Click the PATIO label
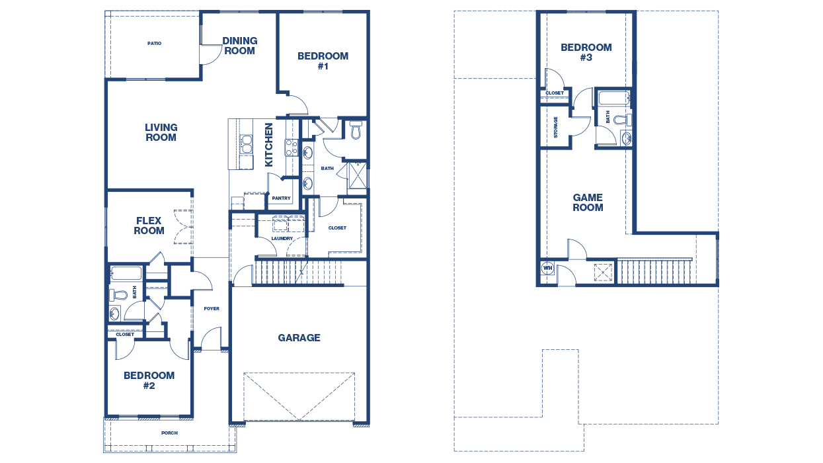pyautogui.click(x=154, y=44)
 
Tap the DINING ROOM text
pyautogui.click(x=239, y=46)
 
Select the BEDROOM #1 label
pyautogui.click(x=323, y=61)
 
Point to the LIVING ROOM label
pyautogui.click(x=161, y=132)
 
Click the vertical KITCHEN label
pyautogui.click(x=269, y=144)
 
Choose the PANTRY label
pyautogui.click(x=281, y=198)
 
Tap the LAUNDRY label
pyautogui.click(x=282, y=239)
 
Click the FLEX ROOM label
pyautogui.click(x=149, y=226)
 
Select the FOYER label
pyautogui.click(x=212, y=309)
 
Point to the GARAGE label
pyautogui.click(x=299, y=337)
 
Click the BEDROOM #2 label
pyautogui.click(x=149, y=380)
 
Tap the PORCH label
pyautogui.click(x=169, y=433)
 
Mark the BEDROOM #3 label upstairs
pyautogui.click(x=586, y=52)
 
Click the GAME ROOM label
pyautogui.click(x=588, y=202)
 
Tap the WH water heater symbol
pyautogui.click(x=547, y=268)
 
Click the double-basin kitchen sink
pyautogui.click(x=246, y=144)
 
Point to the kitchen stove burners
pyautogui.click(x=290, y=147)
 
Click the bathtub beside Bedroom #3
pyautogui.click(x=614, y=99)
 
